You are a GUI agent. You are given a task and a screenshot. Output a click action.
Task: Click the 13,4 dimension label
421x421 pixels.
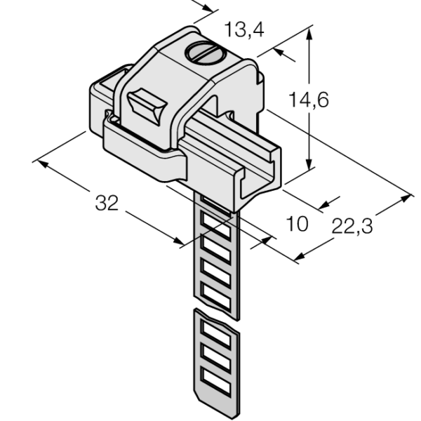point(244,29)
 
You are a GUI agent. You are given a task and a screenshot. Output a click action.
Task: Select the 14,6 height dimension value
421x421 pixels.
point(309,100)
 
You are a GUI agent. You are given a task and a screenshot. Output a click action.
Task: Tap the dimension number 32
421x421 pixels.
point(107,203)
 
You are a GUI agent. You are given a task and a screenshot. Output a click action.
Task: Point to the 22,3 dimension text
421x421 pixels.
point(352,226)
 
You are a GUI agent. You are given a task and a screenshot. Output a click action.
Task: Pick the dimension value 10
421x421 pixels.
point(298,224)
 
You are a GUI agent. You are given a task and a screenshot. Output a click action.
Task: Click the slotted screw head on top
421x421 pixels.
point(207,53)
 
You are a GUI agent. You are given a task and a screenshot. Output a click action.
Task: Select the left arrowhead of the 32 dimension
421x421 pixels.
point(43,163)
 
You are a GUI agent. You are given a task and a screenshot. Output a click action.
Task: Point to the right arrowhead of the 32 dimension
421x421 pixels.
point(178,241)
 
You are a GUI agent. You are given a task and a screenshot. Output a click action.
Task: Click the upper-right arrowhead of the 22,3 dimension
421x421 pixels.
point(406,198)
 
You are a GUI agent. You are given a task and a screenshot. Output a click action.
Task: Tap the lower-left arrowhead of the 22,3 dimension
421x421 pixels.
point(300,256)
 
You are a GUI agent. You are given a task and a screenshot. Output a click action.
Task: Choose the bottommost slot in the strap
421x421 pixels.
point(216,381)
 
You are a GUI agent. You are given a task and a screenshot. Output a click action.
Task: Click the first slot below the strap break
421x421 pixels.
point(216,333)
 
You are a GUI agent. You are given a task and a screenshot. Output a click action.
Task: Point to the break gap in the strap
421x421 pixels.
point(216,314)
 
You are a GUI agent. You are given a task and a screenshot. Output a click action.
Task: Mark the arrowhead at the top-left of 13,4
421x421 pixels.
point(208,8)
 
